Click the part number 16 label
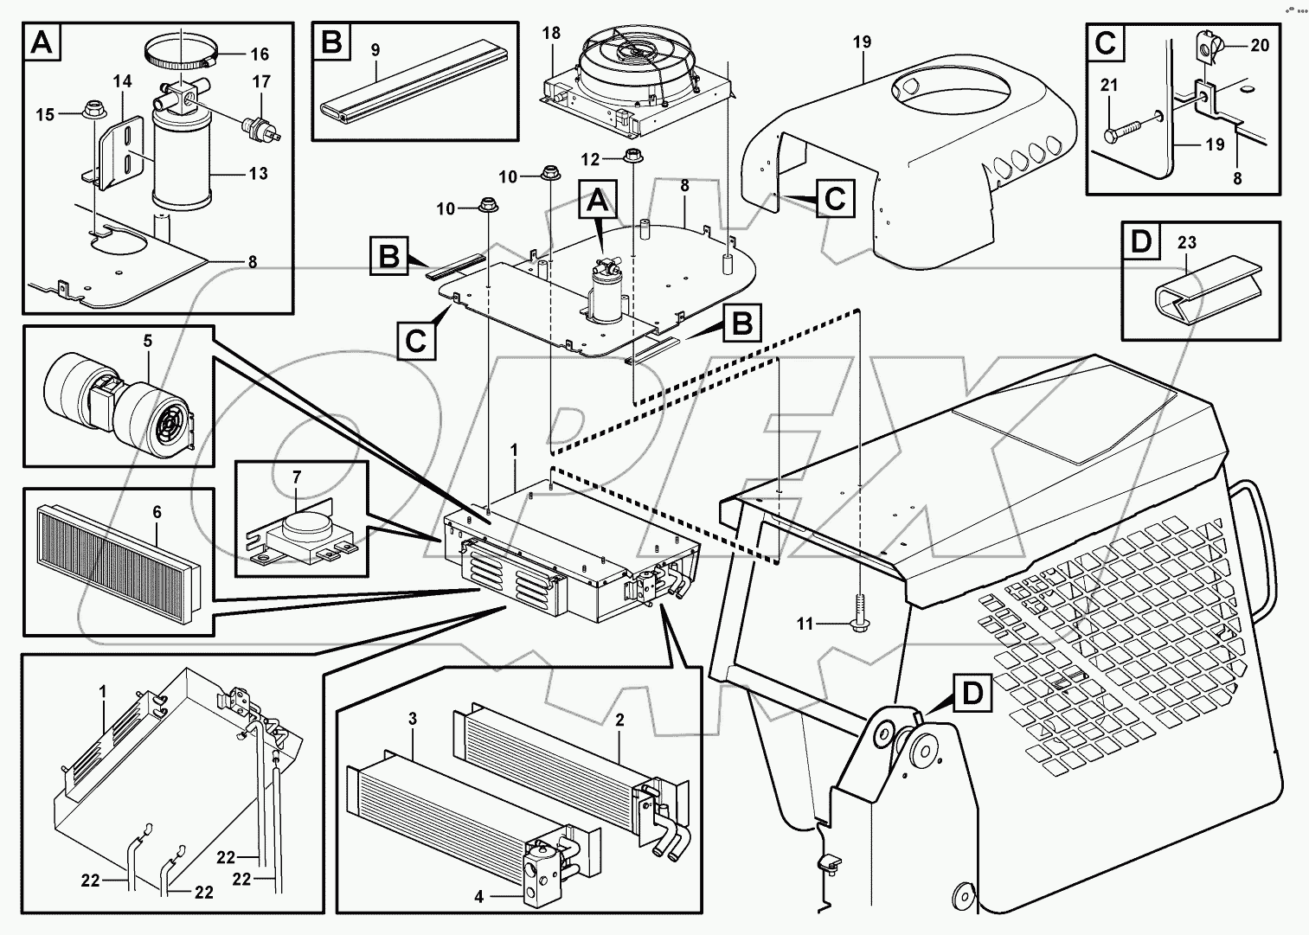tap(260, 54)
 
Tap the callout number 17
tap(261, 82)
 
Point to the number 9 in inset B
tap(375, 50)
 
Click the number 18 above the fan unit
tap(575, 34)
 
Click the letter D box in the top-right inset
tap(1142, 242)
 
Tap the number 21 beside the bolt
tap(1110, 85)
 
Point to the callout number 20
tap(1260, 46)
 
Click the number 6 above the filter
tap(157, 512)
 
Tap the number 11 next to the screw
tap(805, 623)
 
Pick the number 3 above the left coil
tap(413, 719)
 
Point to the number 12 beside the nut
tap(589, 159)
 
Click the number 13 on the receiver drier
tap(258, 174)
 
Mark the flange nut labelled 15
tap(90, 112)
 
